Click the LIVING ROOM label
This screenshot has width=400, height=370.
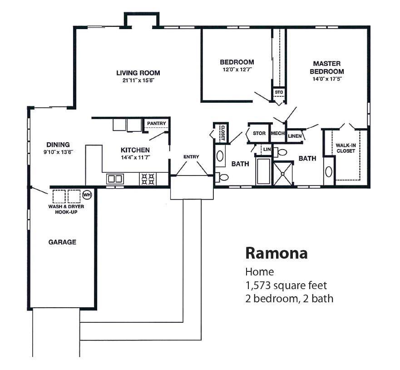pyautogui.click(x=138, y=73)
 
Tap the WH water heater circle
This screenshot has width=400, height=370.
pyautogui.click(x=87, y=195)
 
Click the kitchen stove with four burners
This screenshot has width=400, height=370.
pyautogui.click(x=148, y=179)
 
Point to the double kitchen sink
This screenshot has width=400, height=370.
pyautogui.click(x=114, y=179)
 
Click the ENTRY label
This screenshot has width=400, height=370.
pyautogui.click(x=191, y=157)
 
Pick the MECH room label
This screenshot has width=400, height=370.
pyautogui.click(x=277, y=134)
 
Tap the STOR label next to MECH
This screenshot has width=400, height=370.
pyautogui.click(x=259, y=134)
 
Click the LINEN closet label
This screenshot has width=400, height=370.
pyautogui.click(x=295, y=136)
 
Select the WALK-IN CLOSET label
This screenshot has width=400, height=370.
pyautogui.click(x=346, y=148)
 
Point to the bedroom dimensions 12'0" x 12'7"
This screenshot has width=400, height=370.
pyautogui.click(x=237, y=70)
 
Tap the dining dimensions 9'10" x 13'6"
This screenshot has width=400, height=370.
pyautogui.click(x=58, y=153)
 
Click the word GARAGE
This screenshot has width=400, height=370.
pyautogui.click(x=62, y=242)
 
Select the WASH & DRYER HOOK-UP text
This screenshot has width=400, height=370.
pyautogui.click(x=66, y=209)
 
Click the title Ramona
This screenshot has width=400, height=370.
pyautogui.click(x=276, y=253)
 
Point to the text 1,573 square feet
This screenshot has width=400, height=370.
pyautogui.click(x=286, y=286)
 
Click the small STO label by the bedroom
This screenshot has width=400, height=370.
pyautogui.click(x=279, y=92)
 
